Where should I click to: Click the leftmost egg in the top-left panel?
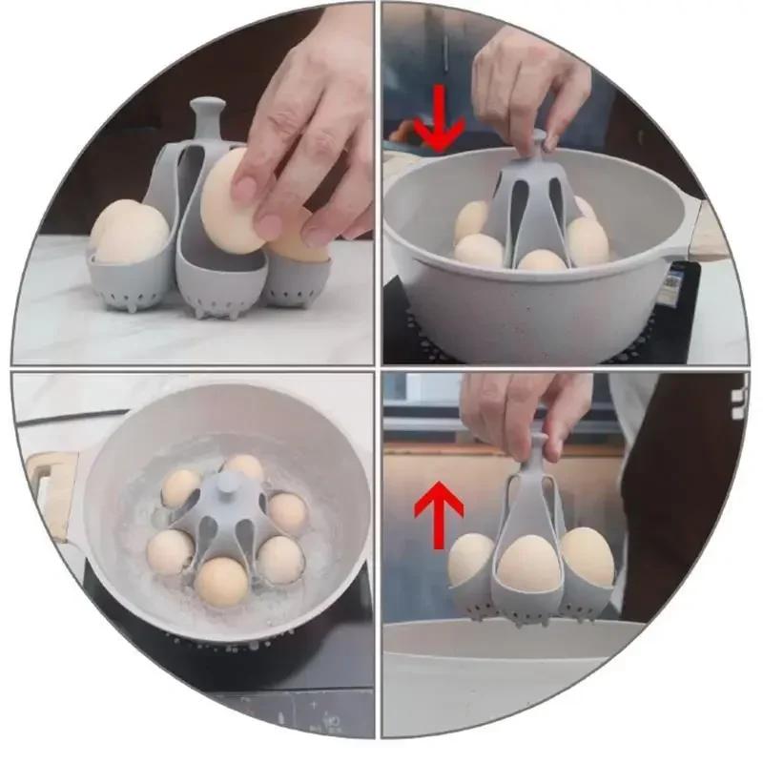tap(129, 232)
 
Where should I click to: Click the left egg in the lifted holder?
tap(471, 559)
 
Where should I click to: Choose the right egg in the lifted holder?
tap(587, 556)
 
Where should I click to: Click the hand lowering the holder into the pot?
tap(530, 91)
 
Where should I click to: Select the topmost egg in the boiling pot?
tap(245, 466)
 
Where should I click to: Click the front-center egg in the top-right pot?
tap(540, 259)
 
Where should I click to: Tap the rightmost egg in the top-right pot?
tap(588, 240)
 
